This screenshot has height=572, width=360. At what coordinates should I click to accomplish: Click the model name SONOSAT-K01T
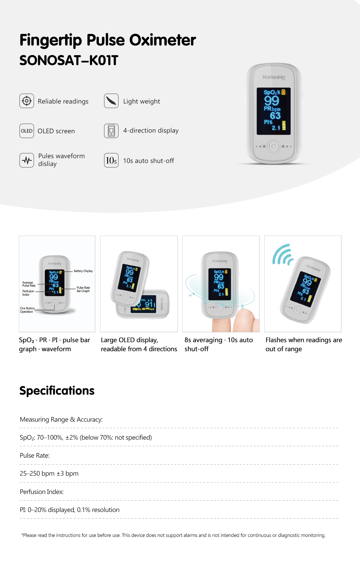point(69,60)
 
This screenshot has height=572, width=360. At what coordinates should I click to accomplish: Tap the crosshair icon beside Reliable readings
point(27,101)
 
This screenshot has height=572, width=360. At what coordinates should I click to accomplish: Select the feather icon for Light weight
point(111,101)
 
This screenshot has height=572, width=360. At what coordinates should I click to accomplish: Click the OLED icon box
point(27,131)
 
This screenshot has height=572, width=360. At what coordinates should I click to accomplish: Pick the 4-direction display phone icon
point(111,131)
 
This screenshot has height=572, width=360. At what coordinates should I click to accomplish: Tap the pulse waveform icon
point(27,160)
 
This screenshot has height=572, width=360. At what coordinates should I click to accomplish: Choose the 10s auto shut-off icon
point(111,160)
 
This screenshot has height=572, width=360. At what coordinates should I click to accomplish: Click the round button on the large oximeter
point(274,146)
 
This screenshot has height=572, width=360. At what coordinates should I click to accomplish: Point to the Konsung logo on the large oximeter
point(274,77)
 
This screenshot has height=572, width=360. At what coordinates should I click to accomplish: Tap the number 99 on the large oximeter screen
point(272,101)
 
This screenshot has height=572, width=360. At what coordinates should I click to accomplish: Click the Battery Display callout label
point(83,271)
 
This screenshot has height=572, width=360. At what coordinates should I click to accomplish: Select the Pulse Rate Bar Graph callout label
point(83,289)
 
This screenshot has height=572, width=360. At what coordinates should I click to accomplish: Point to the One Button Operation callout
point(27,310)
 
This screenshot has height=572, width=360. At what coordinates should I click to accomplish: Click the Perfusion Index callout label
point(28,293)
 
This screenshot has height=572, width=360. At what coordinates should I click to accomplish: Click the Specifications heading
point(57,391)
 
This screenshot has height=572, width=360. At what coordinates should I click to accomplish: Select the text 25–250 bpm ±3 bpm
point(49,474)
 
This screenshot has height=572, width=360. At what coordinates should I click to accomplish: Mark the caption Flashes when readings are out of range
point(304,345)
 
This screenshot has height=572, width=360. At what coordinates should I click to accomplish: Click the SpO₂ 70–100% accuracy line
point(86,438)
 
